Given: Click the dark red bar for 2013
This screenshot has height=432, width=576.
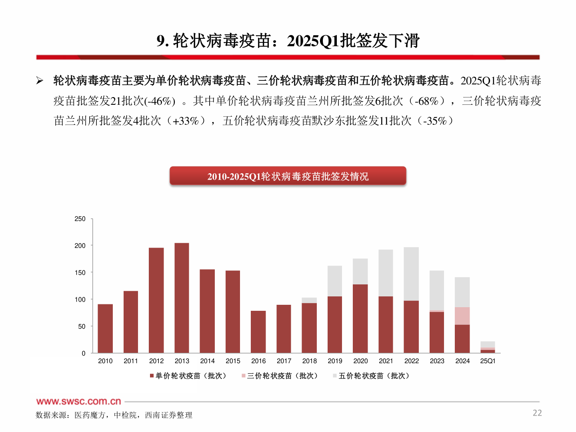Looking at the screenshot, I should tap(182, 298).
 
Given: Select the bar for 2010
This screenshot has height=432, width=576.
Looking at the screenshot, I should tap(105, 328).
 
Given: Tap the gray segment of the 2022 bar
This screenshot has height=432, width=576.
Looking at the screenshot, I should tap(411, 274).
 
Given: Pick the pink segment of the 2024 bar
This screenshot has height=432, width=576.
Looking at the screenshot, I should tap(462, 316).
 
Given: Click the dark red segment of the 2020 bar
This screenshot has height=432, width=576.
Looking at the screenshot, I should tap(360, 319).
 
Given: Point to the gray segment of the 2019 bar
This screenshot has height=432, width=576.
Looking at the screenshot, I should tap(335, 281).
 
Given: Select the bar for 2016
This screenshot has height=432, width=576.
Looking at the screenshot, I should tap(258, 332).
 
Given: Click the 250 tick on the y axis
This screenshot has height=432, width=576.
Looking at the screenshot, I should tap(80, 219).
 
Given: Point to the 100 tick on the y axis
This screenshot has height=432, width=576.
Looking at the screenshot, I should tap(80, 300).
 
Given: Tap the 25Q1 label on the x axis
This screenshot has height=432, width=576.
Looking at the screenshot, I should tap(488, 361).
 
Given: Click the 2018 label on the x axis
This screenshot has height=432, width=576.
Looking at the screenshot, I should tap(309, 361).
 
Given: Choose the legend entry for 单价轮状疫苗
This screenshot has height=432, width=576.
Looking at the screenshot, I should tap(188, 376).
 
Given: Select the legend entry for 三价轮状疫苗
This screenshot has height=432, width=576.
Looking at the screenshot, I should tap(280, 376).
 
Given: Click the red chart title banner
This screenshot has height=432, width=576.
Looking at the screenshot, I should tap(288, 176).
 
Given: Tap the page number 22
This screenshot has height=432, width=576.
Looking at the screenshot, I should tap(537, 413).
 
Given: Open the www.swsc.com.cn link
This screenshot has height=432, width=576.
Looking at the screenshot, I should tap(78, 401).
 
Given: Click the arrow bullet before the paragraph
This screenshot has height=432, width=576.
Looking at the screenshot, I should tap(40, 81).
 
